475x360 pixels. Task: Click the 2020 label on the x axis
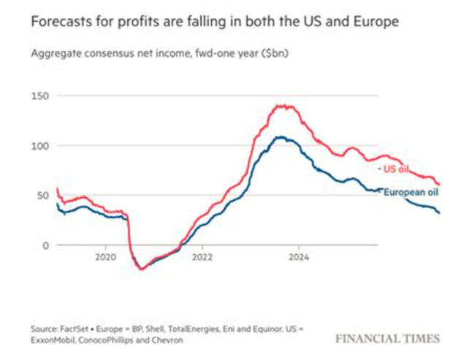(x=106, y=257)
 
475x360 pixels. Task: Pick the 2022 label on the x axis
(x=202, y=257)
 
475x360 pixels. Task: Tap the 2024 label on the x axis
(x=299, y=257)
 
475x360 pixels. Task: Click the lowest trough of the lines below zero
(x=142, y=269)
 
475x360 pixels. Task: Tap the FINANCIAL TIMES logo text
(x=388, y=338)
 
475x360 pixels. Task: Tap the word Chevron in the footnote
(x=164, y=340)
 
